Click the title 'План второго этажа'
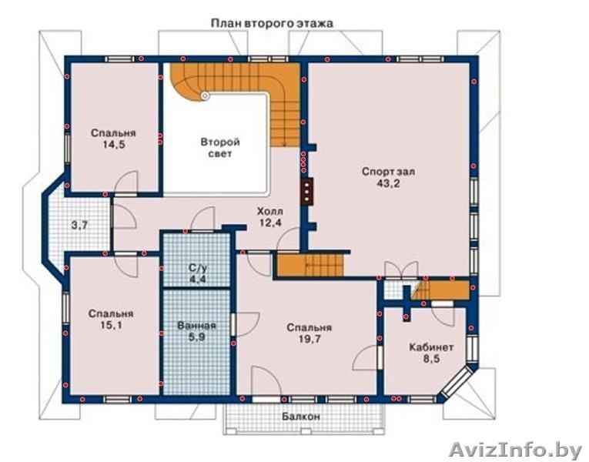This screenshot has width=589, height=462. point(272,23)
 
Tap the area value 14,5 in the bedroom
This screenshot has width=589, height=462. point(114,145)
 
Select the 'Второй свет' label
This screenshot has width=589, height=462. point(220,148)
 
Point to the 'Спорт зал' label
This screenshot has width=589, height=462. point(388,172)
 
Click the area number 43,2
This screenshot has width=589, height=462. point(388,184)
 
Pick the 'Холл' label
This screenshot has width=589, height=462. point(270,211)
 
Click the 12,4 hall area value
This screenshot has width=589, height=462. point(270,223)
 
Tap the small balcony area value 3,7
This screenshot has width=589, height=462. point(79,226)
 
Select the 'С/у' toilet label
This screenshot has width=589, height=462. point(198,268)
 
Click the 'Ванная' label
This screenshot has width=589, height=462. point(196,325)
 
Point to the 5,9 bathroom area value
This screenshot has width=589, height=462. point(196,337)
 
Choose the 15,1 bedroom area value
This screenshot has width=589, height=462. point(110,325)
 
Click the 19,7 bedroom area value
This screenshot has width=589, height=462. point(310,339)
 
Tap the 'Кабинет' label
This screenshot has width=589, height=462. point(431,347)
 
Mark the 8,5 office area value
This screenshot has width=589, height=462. point(431,359)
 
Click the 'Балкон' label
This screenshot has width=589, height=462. point(301,416)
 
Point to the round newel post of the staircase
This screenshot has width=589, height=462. point(205,95)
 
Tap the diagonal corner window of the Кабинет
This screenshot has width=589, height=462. point(457,383)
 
